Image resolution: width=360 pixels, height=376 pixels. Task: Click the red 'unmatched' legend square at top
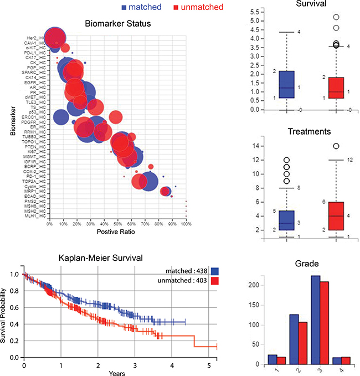click(176, 7)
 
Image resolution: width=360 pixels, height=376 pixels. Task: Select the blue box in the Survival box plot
click(286, 84)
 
